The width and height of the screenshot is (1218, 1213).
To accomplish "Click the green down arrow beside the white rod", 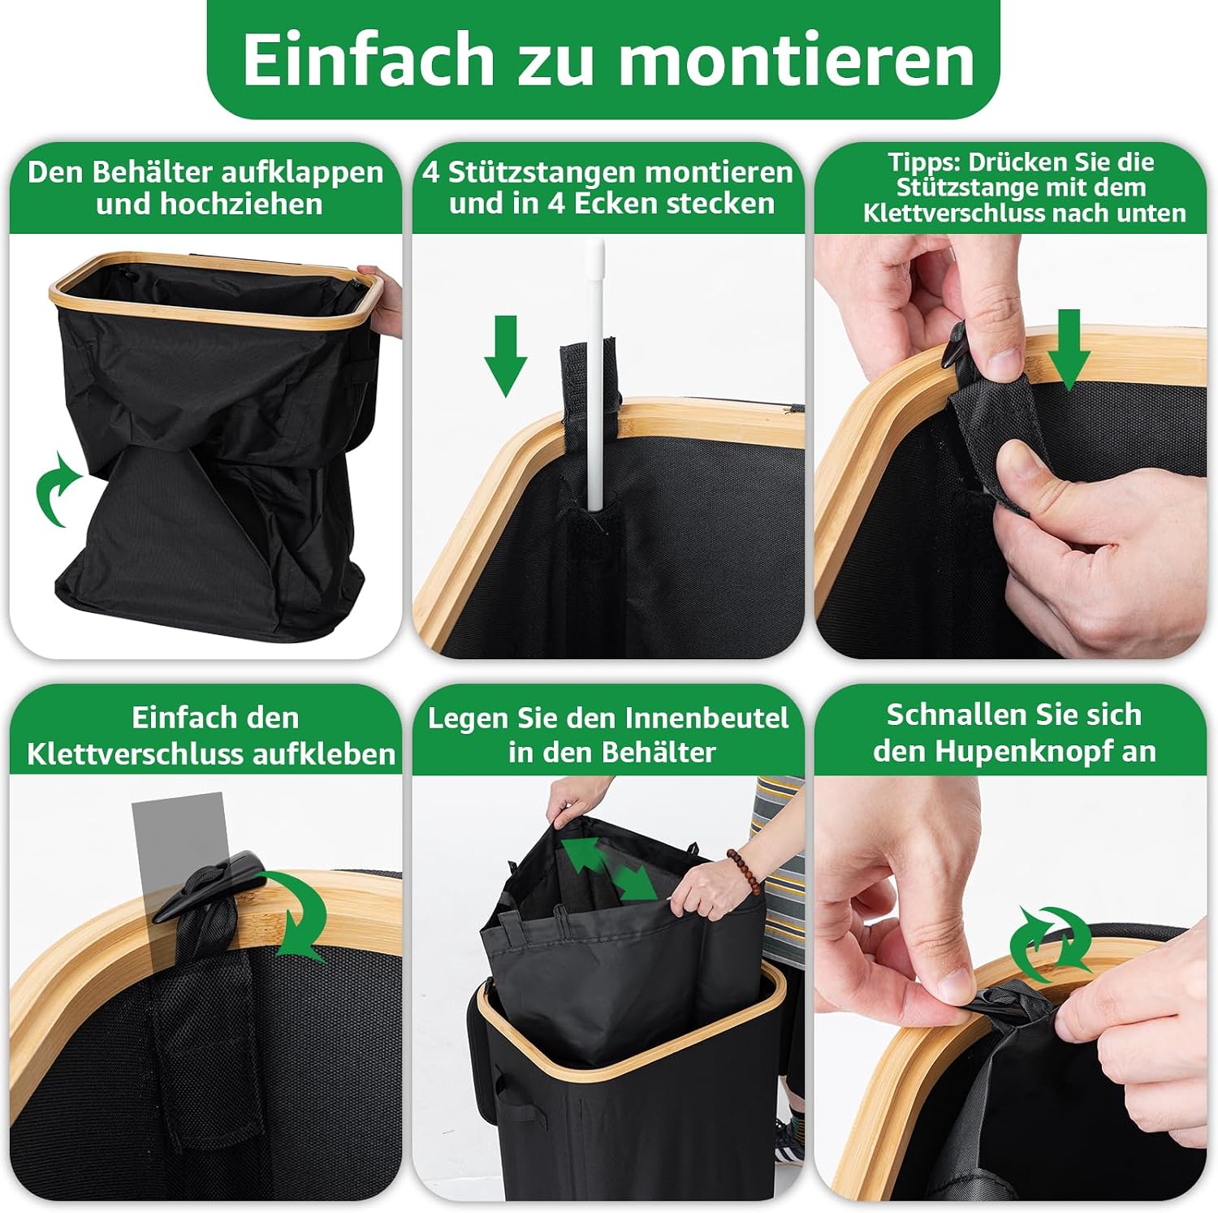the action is [506, 356].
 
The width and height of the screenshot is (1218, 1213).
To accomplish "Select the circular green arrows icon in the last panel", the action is [1052, 942].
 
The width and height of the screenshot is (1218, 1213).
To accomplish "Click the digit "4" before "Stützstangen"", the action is [431, 172].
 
